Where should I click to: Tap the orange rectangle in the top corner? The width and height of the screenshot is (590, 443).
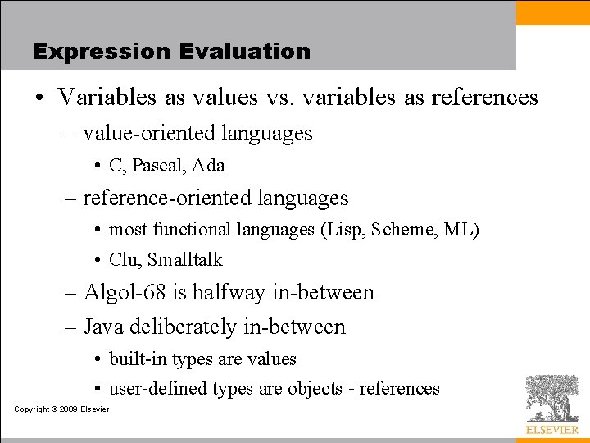pyautogui.click(x=553, y=12)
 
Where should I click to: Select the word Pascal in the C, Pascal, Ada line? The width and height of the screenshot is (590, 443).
pyautogui.click(x=158, y=165)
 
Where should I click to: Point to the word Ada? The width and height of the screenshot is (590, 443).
pyautogui.click(x=209, y=165)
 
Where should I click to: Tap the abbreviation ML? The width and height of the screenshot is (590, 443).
pyautogui.click(x=459, y=229)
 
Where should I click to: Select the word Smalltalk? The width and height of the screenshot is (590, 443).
pyautogui.click(x=185, y=260)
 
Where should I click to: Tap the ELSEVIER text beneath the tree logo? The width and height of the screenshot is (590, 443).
pyautogui.click(x=551, y=429)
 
